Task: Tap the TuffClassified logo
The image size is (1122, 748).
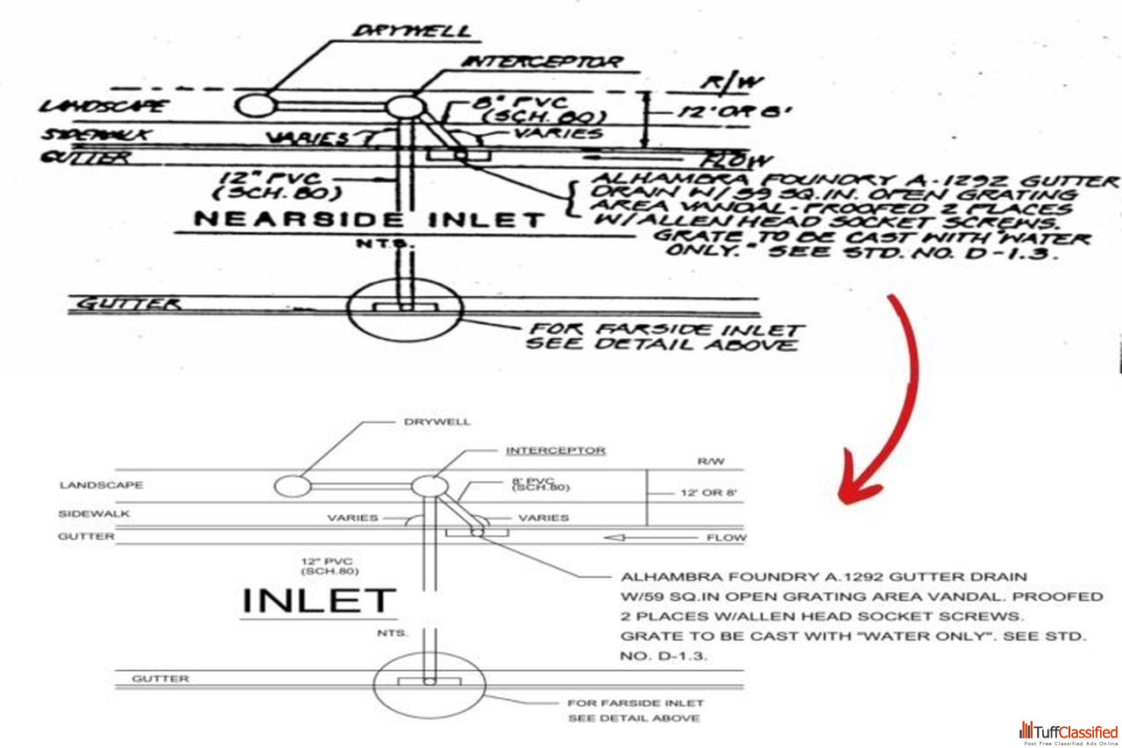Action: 1069,732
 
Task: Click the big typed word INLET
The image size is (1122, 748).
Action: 318,601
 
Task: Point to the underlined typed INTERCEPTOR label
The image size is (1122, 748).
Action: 555,450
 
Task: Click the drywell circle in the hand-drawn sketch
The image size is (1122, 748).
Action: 255,105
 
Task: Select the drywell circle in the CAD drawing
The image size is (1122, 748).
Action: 291,486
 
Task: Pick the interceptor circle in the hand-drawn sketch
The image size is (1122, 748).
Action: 404,107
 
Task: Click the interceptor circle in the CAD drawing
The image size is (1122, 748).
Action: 430,486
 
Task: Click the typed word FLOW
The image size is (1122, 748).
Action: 727,537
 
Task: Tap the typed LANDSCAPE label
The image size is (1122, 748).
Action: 102,485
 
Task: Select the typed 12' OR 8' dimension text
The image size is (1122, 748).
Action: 708,493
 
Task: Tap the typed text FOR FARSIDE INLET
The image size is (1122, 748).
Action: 636,702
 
